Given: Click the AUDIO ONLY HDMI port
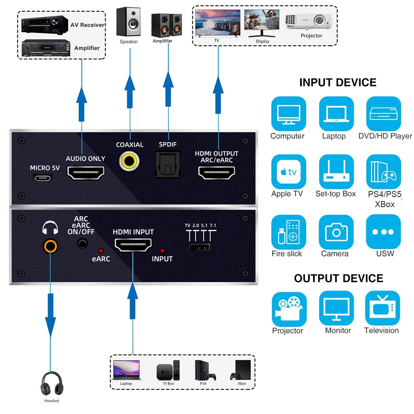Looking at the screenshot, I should tap(85, 173).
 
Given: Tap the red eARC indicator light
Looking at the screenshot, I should tap(101, 251).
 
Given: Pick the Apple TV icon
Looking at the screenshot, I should tap(289, 172).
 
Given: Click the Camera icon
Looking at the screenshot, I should tap(336, 232).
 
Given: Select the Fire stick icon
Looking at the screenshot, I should tap(289, 232).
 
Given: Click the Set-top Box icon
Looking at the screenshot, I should tap(336, 172).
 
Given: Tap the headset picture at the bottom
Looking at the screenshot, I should tap(51, 384).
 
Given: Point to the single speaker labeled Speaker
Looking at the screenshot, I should tap(129, 22).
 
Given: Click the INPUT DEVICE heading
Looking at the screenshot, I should tap(338, 82).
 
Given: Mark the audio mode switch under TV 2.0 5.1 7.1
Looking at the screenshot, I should tap(200, 247).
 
